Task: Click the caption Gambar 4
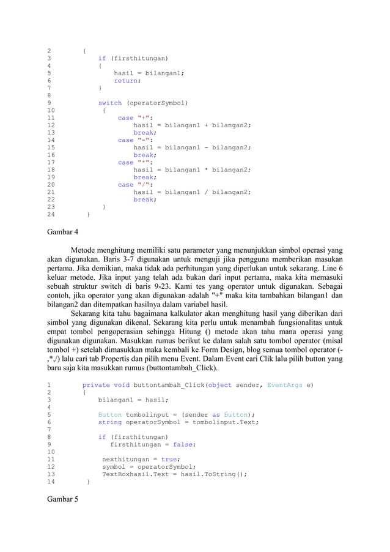coord(63,232)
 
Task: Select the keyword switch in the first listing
coord(110,103)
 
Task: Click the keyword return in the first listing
coord(126,81)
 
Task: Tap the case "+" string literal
coord(145,117)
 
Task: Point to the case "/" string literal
coord(145,184)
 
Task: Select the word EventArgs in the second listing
coord(287,385)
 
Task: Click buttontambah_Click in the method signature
coord(169,385)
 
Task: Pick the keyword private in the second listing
coord(96,385)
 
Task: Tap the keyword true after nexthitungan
coord(169,459)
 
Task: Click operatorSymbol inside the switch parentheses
coord(157,103)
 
